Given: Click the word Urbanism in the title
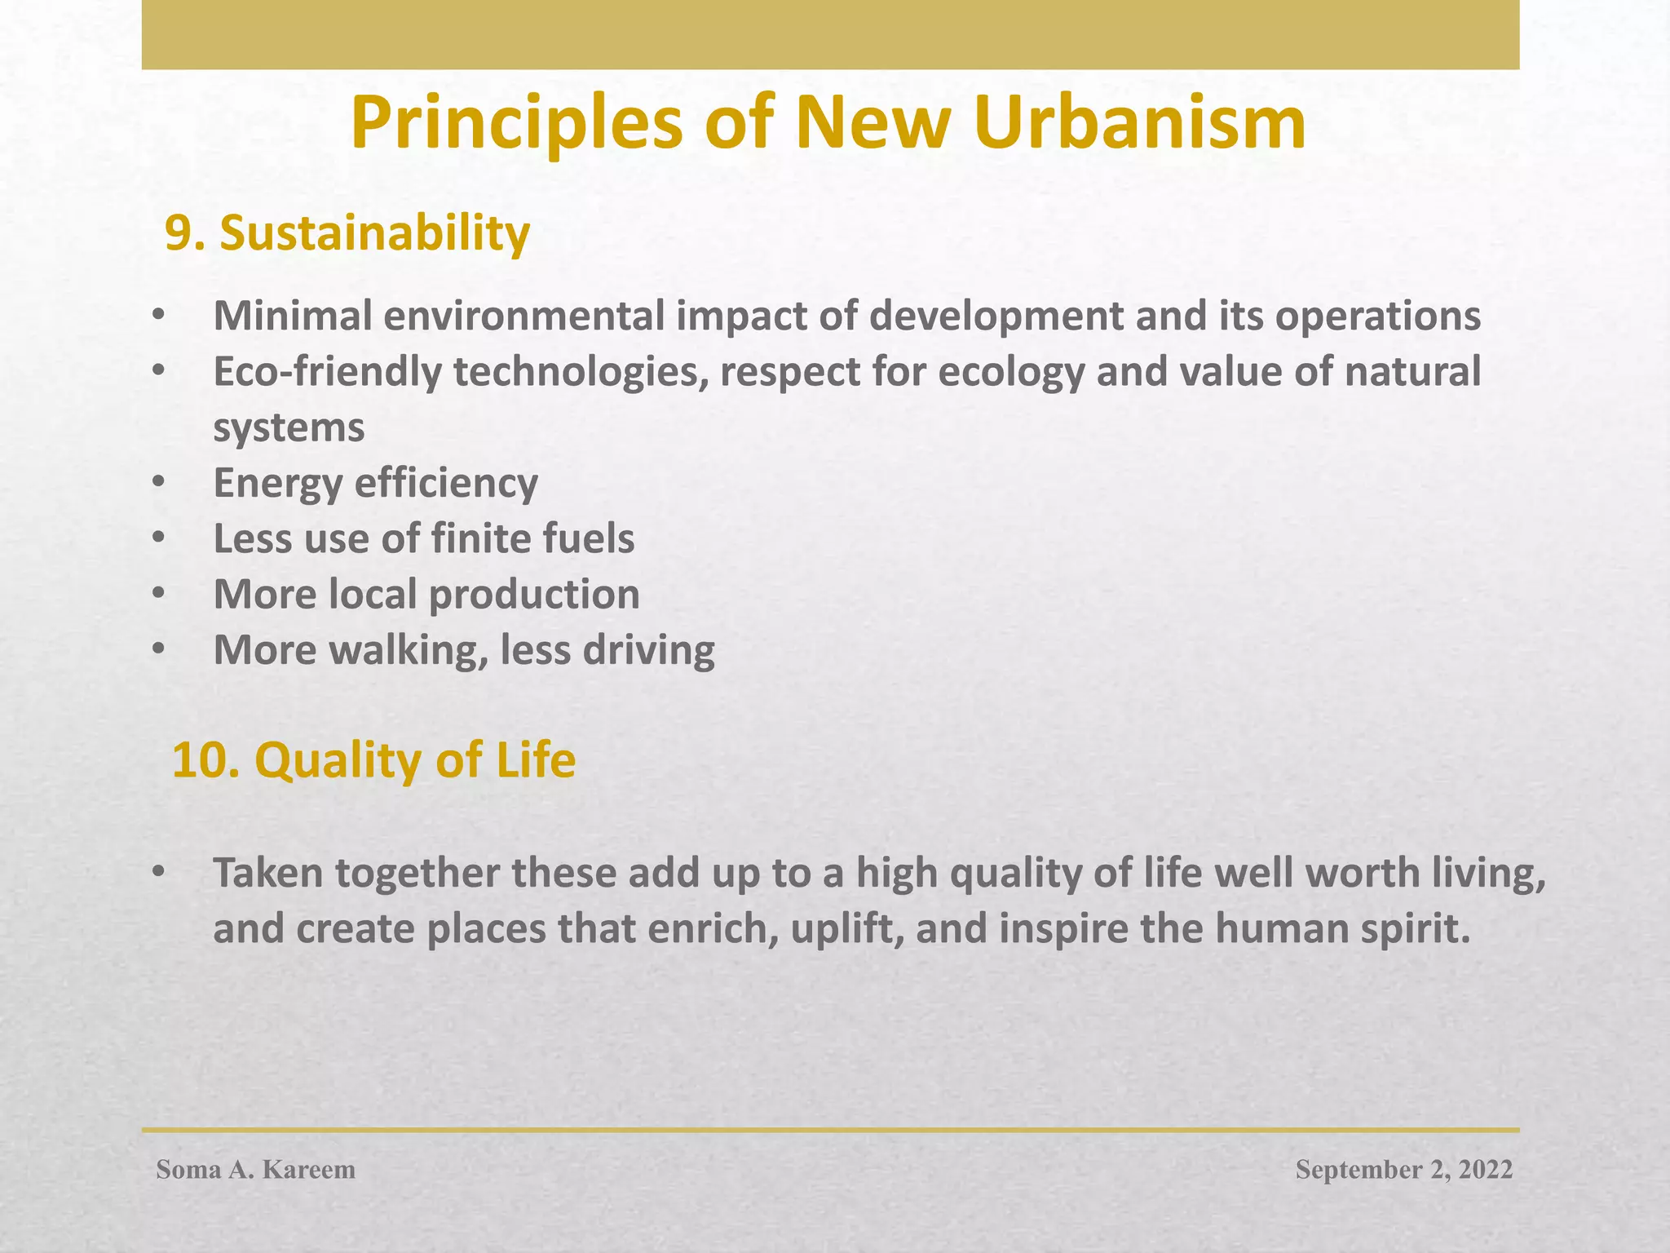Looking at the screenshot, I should coord(1139,123).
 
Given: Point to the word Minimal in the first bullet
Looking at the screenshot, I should coord(294,316).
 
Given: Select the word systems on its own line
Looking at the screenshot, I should coord(289,428).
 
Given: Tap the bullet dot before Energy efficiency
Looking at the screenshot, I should coord(158,483).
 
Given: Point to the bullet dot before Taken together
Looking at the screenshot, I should coord(158,872).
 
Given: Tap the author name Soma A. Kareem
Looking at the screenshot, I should coord(256,1170).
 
